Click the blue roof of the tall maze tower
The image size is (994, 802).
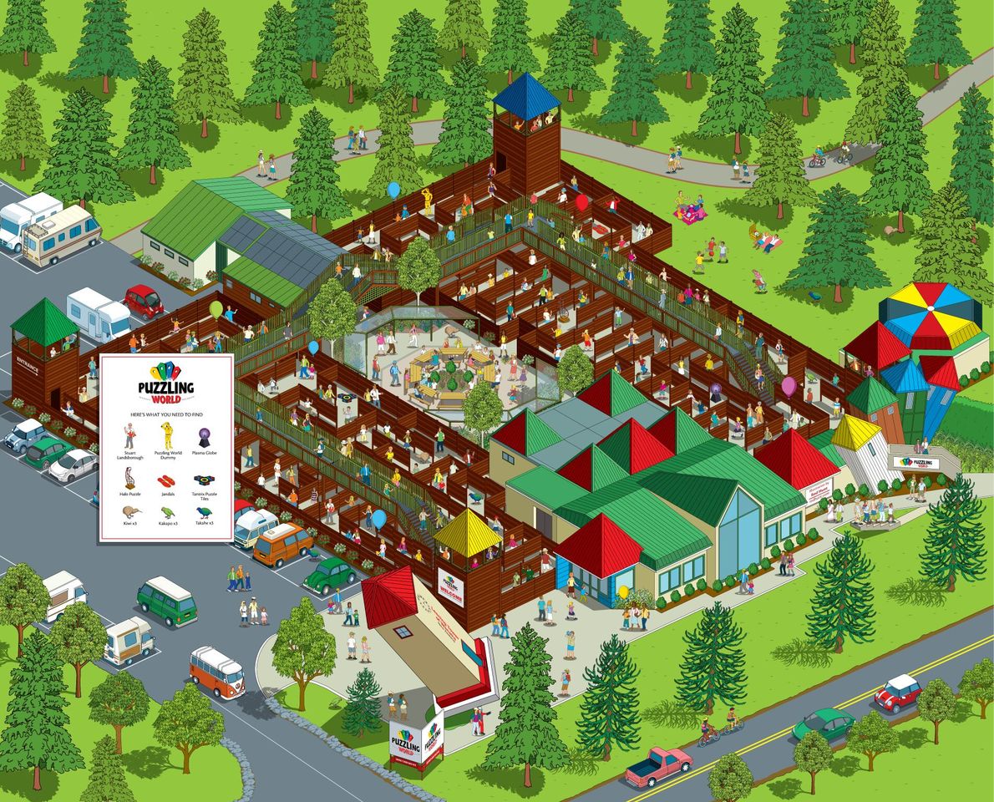(x=525, y=94)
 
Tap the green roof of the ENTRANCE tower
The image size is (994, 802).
(x=43, y=317)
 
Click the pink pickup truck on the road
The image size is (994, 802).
(x=658, y=765)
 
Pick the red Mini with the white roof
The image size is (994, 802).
(x=897, y=692)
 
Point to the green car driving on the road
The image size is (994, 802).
(x=824, y=723)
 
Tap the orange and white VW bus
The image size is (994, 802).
(x=216, y=671)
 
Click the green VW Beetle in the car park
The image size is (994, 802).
(x=330, y=575)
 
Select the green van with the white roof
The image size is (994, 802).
(x=166, y=601)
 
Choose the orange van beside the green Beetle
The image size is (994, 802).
(x=282, y=545)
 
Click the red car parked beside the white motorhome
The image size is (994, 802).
(x=144, y=301)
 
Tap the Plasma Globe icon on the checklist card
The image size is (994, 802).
(x=204, y=436)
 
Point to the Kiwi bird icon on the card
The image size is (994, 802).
(x=129, y=510)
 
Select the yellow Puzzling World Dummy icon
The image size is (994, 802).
(x=166, y=435)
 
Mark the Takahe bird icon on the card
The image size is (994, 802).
(x=204, y=511)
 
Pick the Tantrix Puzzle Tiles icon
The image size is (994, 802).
(x=204, y=480)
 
